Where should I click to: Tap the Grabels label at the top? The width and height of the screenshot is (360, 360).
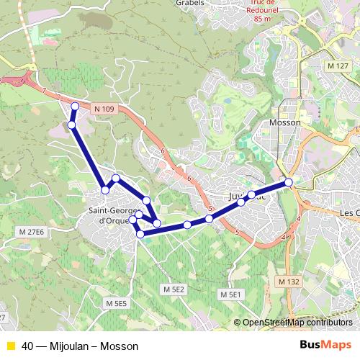pyautogui.click(x=190, y=3)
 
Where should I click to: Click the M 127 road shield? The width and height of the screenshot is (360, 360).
pyautogui.click(x=338, y=66)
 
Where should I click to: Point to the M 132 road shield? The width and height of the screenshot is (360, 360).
pyautogui.click(x=288, y=281)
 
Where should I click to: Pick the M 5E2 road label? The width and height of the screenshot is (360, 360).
pyautogui.click(x=174, y=289)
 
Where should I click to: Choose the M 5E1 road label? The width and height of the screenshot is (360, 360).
pyautogui.click(x=230, y=295)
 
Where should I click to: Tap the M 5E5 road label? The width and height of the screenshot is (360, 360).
pyautogui.click(x=116, y=304)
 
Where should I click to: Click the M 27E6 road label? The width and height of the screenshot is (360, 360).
pyautogui.click(x=31, y=232)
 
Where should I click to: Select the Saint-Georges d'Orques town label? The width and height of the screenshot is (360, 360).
pyautogui.click(x=109, y=215)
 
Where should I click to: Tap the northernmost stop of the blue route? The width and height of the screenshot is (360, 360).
pyautogui.click(x=75, y=107)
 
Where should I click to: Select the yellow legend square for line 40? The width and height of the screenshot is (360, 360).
pyautogui.click(x=10, y=345)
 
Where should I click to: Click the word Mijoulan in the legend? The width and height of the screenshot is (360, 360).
pyautogui.click(x=67, y=345)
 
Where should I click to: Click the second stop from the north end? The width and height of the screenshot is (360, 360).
pyautogui.click(x=71, y=125)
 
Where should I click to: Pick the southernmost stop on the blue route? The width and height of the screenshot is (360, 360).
pyautogui.click(x=140, y=234)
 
